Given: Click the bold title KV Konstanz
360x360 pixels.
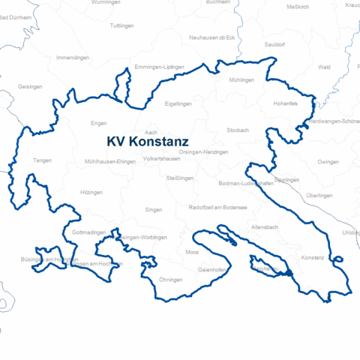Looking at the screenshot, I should [x=147, y=140].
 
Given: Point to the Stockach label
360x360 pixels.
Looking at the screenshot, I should [x=238, y=130].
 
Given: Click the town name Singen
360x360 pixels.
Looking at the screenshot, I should [x=153, y=211].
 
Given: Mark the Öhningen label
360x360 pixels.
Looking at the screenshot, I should [x=171, y=280].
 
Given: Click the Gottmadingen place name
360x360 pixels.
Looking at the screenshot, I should [x=88, y=233].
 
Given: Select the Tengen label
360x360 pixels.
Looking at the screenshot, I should [x=42, y=160].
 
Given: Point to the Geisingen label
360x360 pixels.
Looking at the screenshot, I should [x=29, y=86].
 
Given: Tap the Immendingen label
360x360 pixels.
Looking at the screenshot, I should [x=73, y=57].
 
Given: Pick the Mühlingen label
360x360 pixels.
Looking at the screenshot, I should [x=242, y=79].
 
